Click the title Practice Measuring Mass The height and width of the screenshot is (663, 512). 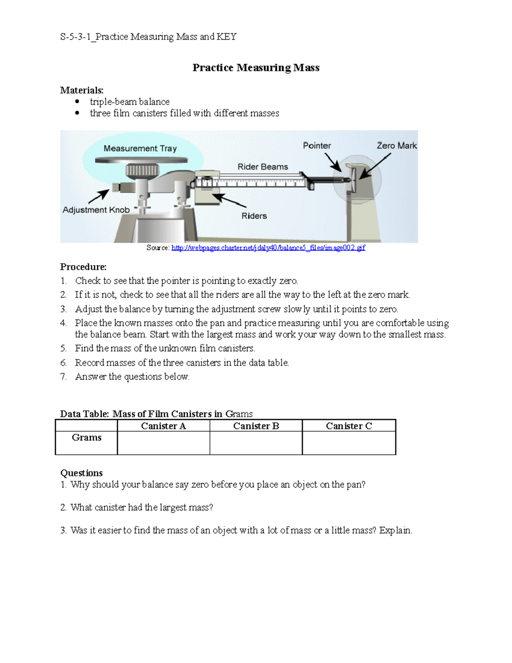click(256, 68)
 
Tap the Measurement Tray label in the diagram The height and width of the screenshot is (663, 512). click(140, 149)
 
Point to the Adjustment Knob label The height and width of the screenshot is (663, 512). click(96, 210)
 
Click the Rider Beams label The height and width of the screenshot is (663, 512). click(263, 167)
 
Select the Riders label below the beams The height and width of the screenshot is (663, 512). click(254, 216)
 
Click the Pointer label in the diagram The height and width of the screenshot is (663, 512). click(317, 146)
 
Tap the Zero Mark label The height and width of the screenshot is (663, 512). click(396, 146)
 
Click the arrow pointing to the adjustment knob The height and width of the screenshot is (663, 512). click(99, 197)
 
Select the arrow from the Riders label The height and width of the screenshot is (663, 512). click(229, 201)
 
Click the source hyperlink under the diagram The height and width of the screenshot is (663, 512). click(268, 248)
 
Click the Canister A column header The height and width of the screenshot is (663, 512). click(163, 426)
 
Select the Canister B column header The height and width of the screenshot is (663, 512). click(256, 426)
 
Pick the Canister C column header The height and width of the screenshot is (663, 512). click(349, 426)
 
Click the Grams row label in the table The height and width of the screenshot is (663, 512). click(87, 438)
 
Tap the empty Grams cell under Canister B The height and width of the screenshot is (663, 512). click(256, 443)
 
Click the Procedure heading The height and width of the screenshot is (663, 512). click(83, 267)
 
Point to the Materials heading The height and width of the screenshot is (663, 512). click(81, 91)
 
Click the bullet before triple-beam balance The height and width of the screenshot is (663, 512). click(77, 102)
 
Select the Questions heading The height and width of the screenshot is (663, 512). click(81, 473)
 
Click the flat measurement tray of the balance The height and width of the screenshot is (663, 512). click(141, 160)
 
